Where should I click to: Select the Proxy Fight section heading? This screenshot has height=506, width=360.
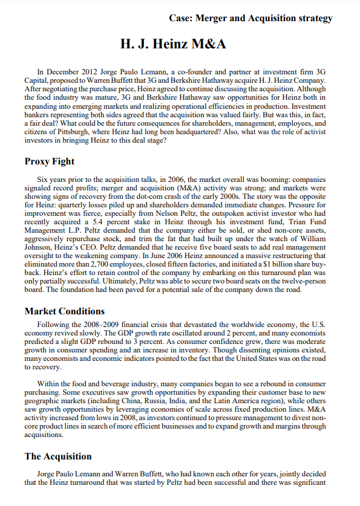pyautogui.click(x=50, y=161)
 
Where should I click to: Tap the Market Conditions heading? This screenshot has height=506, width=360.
pyautogui.click(x=64, y=311)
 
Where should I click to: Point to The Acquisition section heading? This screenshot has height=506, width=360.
pyautogui.click(x=58, y=456)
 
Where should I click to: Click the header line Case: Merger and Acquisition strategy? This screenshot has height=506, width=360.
pyautogui.click(x=251, y=18)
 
